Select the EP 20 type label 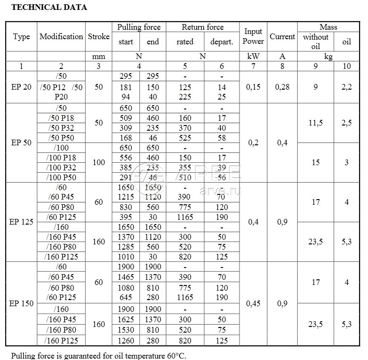[21, 87]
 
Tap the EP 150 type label [21, 303]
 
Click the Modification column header [61, 36]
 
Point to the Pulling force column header [139, 27]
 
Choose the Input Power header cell [253, 36]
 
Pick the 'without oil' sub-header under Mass [316, 42]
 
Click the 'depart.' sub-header [222, 42]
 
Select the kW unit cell [253, 56]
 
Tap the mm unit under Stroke [98, 56]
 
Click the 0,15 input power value [253, 87]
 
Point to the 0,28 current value [282, 87]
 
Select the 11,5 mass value [316, 123]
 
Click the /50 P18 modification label [61, 118]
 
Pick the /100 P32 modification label [61, 167]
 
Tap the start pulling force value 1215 [126, 197]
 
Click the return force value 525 [185, 138]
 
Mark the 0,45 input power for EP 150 [253, 303]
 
